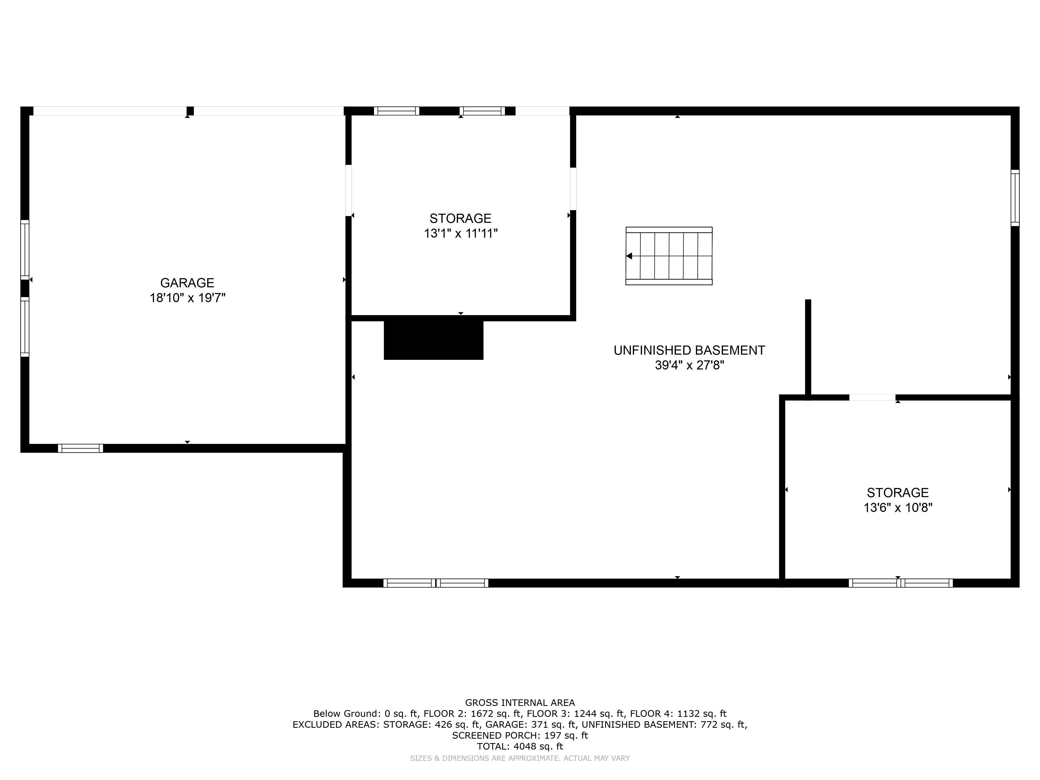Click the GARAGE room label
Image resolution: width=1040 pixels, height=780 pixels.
tap(187, 283)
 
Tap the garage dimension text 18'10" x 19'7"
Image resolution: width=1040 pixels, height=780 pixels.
tap(187, 298)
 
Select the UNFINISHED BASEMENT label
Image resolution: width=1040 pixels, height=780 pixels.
tap(689, 350)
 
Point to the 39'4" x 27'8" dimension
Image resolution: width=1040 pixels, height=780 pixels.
tap(689, 365)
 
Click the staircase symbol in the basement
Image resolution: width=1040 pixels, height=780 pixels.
tap(669, 256)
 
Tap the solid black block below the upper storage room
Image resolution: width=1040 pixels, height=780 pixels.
tap(433, 340)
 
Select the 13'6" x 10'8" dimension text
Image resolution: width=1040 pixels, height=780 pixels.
tap(898, 508)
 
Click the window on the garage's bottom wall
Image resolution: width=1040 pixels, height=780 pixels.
tap(80, 448)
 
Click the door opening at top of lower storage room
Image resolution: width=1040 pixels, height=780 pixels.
tap(872, 397)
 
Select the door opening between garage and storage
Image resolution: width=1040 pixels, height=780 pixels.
tap(348, 190)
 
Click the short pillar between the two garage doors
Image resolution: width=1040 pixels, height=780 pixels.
tap(190, 111)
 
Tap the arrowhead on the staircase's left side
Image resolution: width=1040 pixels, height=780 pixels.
tap(629, 256)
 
